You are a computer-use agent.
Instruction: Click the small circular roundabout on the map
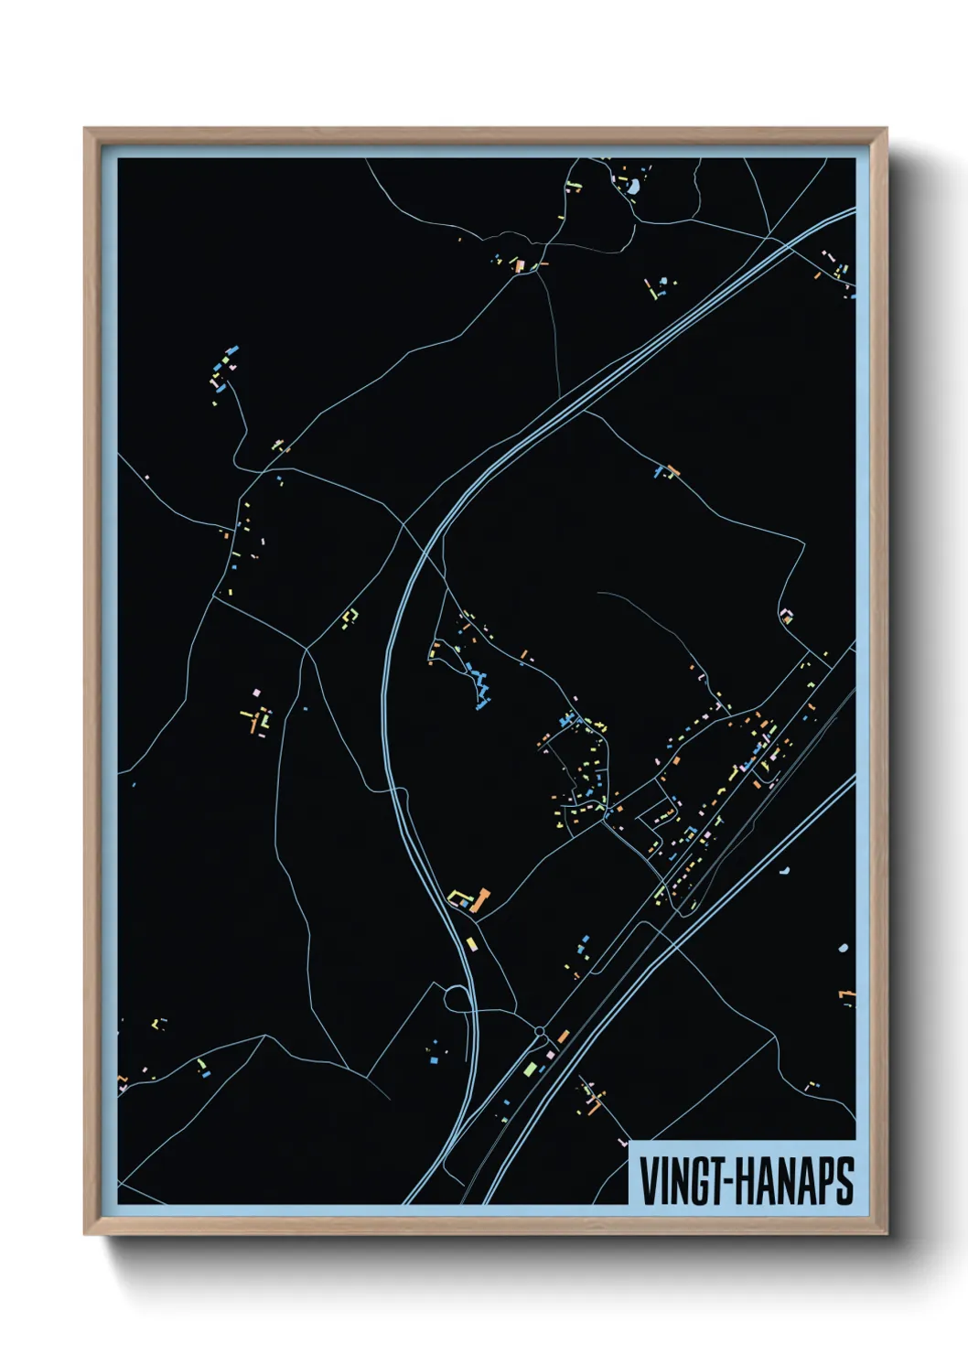[x=540, y=1032]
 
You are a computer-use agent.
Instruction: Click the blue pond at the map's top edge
[x=632, y=188]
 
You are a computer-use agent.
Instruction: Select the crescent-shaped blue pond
[x=784, y=868]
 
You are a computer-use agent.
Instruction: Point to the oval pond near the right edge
[x=843, y=948]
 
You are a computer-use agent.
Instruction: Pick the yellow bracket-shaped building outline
[x=348, y=617]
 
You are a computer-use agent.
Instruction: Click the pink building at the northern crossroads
[x=519, y=266]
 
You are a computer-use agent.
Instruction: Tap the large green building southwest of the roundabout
[x=530, y=1067]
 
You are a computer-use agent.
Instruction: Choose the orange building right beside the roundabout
[x=563, y=1036]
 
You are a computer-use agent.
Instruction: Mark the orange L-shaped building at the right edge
[x=848, y=994]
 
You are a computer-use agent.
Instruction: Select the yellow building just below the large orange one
[x=471, y=942]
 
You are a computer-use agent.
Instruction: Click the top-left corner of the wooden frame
[x=86, y=130]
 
